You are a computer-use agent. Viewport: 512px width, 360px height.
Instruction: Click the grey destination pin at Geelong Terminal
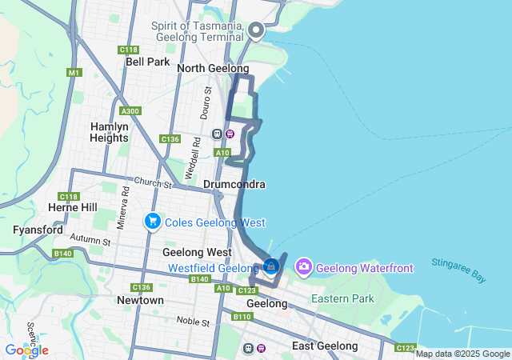click(256, 30)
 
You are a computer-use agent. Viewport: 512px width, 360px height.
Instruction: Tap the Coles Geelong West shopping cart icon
click(152, 220)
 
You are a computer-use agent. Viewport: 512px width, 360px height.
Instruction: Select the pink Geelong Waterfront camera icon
click(304, 266)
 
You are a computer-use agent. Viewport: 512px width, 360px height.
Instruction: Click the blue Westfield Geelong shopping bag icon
click(271, 265)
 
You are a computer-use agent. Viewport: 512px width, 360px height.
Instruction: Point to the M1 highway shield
click(74, 73)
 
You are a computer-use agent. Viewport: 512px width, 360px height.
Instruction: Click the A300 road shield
click(129, 111)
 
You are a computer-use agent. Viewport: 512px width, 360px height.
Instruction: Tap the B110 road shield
click(243, 318)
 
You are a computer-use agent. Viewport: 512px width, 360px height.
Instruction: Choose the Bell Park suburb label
click(147, 62)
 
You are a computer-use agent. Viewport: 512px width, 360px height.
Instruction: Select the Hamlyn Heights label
click(110, 132)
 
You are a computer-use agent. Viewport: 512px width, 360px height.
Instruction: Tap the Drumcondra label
click(234, 184)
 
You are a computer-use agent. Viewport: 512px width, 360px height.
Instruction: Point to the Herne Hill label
click(73, 207)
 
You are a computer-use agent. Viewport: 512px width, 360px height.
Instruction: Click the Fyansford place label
click(38, 230)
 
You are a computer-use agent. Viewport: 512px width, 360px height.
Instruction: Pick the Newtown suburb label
click(140, 300)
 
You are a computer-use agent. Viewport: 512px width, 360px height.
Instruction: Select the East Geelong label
click(325, 346)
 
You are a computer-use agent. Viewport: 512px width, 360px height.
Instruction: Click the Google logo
click(26, 350)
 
